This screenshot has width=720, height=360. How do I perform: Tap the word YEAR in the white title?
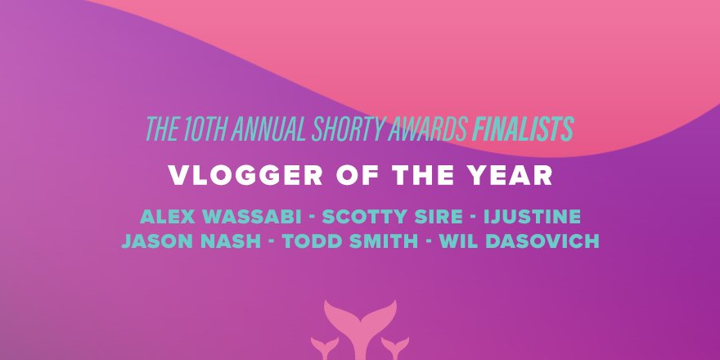[512, 176]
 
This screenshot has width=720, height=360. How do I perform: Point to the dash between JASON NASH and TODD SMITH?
[283, 243]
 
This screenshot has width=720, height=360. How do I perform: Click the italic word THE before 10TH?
[161, 129]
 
